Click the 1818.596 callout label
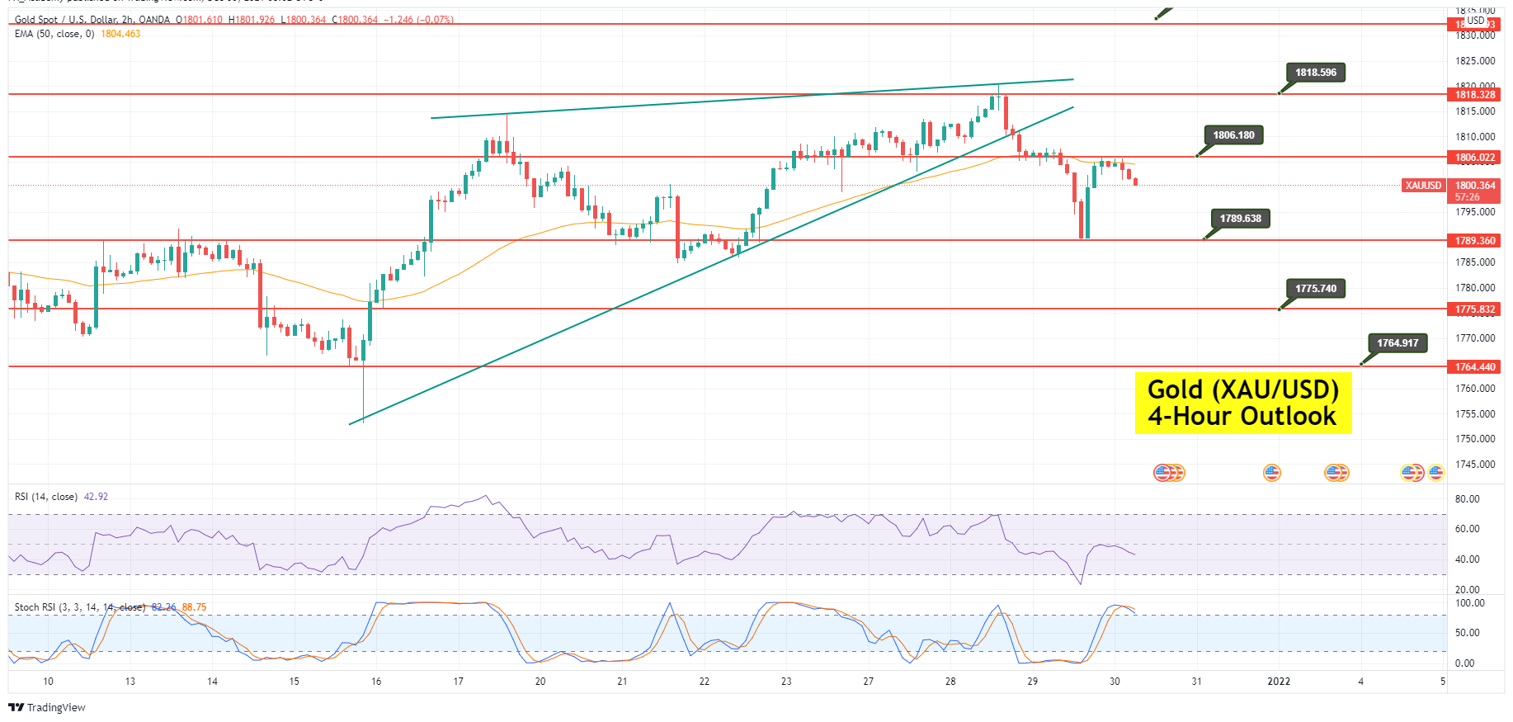[x=1315, y=73]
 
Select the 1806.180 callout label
[x=1233, y=135]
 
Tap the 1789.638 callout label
[x=1240, y=219]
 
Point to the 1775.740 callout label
[x=1315, y=289]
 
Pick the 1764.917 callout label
[x=1398, y=343]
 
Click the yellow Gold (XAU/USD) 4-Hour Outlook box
[x=1242, y=403]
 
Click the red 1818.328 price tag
[x=1475, y=95]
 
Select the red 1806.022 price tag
[x=1475, y=158]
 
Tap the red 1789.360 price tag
[x=1475, y=241]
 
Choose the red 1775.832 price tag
[x=1475, y=309]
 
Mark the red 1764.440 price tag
[x=1475, y=367]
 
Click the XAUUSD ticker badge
[x=1424, y=186]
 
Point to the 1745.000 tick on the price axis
[x=1475, y=465]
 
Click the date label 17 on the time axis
[x=459, y=682]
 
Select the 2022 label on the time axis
[x=1279, y=682]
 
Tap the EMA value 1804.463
[x=120, y=34]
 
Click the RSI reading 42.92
[x=96, y=497]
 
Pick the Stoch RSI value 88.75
[x=194, y=607]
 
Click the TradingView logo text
[x=55, y=708]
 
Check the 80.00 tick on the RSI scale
[x=1467, y=499]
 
